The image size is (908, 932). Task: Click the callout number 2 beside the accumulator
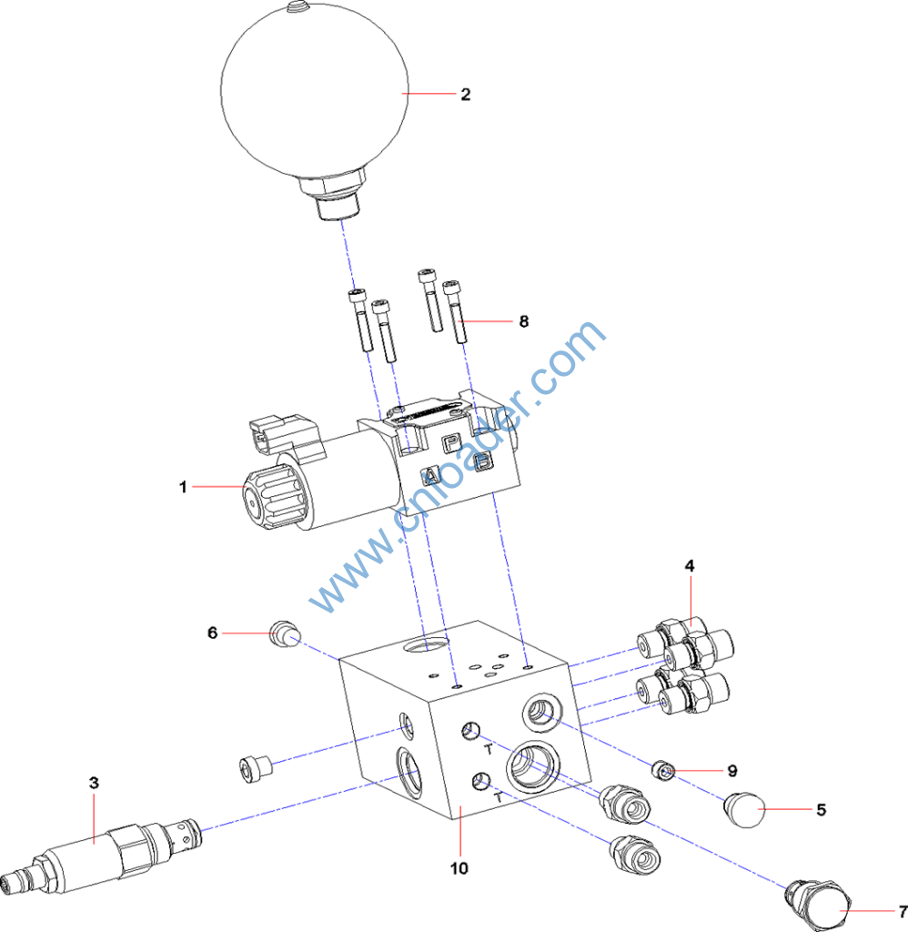(465, 94)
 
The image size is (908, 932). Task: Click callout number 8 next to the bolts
(523, 321)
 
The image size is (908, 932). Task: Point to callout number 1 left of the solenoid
(183, 487)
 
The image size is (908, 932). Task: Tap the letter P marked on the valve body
(450, 442)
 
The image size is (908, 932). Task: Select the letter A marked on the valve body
(429, 474)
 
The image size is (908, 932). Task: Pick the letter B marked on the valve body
(483, 462)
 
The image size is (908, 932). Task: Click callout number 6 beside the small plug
(213, 632)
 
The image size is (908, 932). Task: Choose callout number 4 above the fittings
(690, 565)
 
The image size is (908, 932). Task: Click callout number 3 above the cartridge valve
(94, 782)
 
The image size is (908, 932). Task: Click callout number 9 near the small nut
(731, 770)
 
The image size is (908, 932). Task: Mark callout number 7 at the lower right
(902, 910)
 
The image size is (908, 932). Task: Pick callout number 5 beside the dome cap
(821, 809)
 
